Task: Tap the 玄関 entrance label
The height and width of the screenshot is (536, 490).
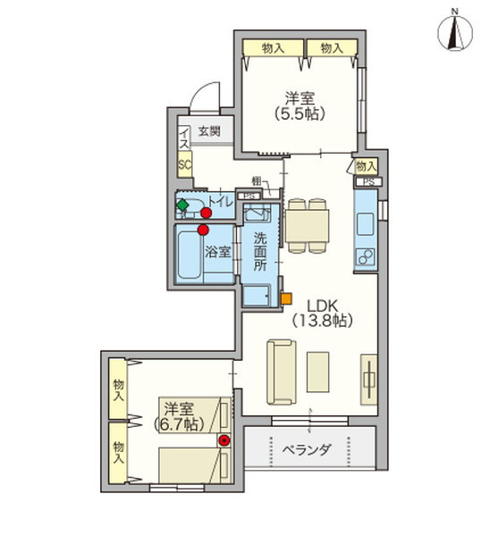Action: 208,132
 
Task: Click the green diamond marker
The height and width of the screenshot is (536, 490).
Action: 183,205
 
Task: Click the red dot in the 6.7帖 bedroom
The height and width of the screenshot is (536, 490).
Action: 224,440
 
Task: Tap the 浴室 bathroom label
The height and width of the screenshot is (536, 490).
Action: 219,252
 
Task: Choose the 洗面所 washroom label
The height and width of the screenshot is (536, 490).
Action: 259,251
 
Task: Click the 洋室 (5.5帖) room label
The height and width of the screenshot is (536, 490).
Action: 300,105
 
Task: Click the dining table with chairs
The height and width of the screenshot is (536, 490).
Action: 307,223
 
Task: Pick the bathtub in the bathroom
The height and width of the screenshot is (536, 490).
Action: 189,257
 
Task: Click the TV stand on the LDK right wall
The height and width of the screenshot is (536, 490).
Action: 368,381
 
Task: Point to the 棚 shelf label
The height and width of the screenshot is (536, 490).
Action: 257,181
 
